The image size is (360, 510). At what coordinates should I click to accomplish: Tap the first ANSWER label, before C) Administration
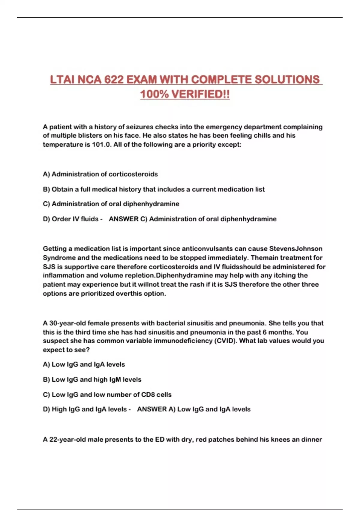(124, 219)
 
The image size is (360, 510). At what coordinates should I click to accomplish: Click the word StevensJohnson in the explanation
(296, 249)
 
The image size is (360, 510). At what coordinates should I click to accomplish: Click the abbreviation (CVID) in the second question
(225, 341)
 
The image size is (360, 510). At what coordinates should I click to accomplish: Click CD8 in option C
(148, 394)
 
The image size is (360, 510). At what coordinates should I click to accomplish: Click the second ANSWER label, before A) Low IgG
(152, 409)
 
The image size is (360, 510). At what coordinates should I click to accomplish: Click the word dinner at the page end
(312, 439)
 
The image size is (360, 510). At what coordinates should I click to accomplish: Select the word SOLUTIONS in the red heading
(287, 80)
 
